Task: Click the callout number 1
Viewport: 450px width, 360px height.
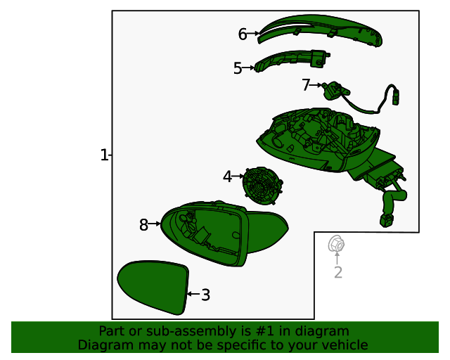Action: click(x=104, y=155)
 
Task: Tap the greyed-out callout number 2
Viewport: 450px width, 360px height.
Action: click(x=338, y=272)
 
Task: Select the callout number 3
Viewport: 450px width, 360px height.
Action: click(x=205, y=295)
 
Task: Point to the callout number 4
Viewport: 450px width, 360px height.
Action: click(x=227, y=176)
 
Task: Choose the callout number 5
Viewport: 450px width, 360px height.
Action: click(x=238, y=68)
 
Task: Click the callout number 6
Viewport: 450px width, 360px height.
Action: click(x=243, y=34)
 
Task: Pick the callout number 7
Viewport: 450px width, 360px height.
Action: click(x=306, y=85)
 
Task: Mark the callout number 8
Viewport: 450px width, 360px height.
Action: click(x=143, y=225)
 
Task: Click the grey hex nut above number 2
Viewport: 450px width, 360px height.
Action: click(x=336, y=244)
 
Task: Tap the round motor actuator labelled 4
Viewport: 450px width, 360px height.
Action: click(x=262, y=185)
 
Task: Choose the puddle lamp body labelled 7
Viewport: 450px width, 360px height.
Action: click(x=335, y=91)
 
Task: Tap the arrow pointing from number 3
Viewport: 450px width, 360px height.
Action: click(x=193, y=294)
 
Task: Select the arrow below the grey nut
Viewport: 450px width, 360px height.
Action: click(x=337, y=258)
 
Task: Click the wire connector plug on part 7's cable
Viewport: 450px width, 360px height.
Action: click(x=397, y=98)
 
